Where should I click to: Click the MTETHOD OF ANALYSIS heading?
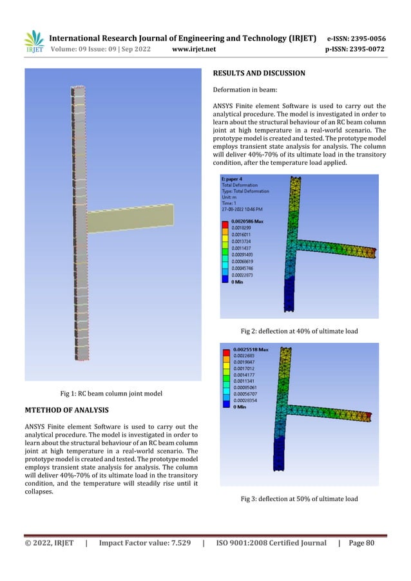[67, 410]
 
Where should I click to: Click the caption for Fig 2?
[299, 331]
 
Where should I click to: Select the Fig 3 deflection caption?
[298, 499]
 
